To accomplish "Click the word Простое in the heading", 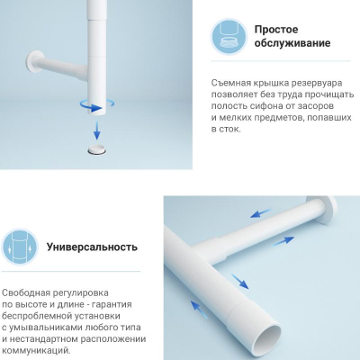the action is coord(276,30).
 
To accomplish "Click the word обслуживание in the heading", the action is coord(292,43).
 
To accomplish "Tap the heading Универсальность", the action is coord(92,247).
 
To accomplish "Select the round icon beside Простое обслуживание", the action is coord(229,36).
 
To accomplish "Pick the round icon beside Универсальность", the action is coord(20,247).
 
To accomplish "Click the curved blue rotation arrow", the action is coord(96,105).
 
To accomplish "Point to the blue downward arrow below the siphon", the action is coord(96,130).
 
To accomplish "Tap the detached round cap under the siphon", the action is coord(97,149).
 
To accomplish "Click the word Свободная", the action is coord(26,292).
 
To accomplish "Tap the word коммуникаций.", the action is coord(37,350).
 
